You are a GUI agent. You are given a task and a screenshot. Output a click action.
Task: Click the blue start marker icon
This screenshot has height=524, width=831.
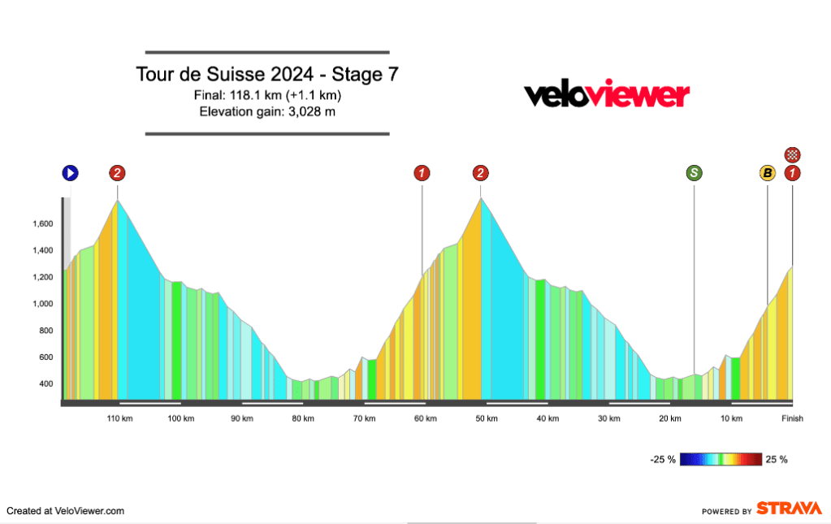point(70,172)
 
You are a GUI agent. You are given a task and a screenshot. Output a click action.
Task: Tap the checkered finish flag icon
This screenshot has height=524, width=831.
point(793,154)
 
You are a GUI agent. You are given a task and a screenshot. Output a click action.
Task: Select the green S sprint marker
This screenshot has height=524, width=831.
point(694,172)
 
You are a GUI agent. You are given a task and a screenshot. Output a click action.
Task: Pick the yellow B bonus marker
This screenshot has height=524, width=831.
point(767,172)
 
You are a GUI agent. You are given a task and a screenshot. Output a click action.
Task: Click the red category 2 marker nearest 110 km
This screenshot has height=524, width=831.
point(118,172)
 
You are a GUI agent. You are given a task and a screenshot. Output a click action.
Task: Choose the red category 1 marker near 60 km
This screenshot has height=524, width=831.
point(422,172)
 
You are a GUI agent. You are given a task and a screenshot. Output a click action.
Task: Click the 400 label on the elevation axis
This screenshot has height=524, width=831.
point(45,384)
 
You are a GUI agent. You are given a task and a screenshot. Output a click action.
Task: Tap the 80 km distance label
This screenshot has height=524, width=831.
point(303,418)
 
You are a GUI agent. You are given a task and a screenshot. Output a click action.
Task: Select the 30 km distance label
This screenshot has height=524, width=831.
point(608,418)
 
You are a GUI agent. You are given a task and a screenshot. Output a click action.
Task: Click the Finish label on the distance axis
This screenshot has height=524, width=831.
point(792,418)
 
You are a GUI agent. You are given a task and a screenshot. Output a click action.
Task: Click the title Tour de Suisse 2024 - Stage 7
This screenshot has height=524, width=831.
point(267,75)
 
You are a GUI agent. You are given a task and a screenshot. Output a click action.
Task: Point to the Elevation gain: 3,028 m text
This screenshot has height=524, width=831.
point(267,111)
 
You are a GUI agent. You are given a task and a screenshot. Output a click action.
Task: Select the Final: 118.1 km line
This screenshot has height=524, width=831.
point(267,95)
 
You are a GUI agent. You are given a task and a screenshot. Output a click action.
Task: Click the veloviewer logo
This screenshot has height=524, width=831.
point(606,95)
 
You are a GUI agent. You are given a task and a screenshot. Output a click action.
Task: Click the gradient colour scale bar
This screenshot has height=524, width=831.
point(721,459)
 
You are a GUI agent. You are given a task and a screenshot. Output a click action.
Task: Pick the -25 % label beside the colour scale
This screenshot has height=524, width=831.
point(663,460)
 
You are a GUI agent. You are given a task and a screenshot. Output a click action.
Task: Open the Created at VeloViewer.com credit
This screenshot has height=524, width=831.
point(66,511)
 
